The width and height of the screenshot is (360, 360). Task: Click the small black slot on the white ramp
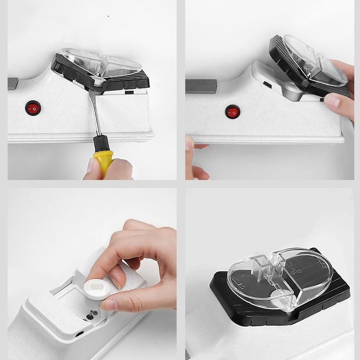pos(267,85)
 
